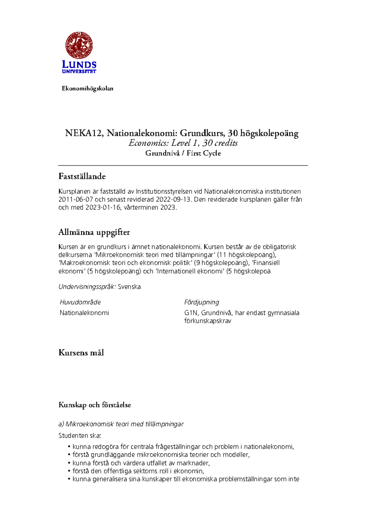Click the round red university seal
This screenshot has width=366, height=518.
tap(79, 45)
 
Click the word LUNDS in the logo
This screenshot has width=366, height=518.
tap(79, 64)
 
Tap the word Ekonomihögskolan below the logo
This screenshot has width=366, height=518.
tap(88, 88)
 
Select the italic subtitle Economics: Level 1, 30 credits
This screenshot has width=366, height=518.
tap(183, 143)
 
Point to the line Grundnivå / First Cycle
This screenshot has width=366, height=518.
tap(183, 153)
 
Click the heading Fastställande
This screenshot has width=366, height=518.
tap(82, 176)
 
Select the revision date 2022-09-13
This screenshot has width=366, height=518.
tap(174, 200)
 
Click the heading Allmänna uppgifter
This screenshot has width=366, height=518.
tap(94, 232)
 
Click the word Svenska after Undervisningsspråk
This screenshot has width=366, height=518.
tap(129, 287)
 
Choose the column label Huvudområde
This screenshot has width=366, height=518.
tap(80, 302)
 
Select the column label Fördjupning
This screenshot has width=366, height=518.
tap(202, 302)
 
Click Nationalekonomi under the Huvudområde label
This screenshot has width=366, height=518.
tap(84, 313)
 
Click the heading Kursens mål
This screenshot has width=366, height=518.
tap(81, 353)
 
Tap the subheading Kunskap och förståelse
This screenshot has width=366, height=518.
tap(95, 405)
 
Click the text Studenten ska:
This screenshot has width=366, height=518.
tap(80, 436)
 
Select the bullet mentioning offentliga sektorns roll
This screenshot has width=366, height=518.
tap(138, 471)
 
